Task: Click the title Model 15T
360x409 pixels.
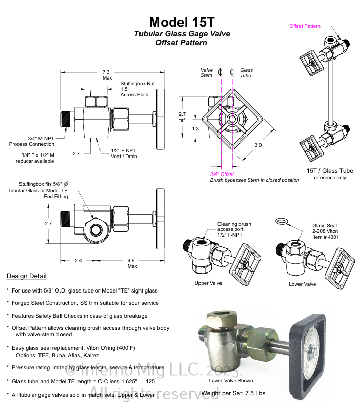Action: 182,22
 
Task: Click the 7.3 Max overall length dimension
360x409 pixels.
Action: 107,75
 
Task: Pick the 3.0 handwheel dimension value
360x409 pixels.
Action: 257,145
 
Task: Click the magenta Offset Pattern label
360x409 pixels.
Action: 305,26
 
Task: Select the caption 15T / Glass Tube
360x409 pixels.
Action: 330,171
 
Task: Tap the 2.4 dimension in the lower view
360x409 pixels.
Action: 78,260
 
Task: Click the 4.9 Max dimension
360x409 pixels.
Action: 132,263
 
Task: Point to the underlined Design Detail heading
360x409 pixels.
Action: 26,276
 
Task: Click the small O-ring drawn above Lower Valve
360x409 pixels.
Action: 281,221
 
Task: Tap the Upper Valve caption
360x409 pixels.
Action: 208,283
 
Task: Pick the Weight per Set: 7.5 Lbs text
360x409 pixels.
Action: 234,393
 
